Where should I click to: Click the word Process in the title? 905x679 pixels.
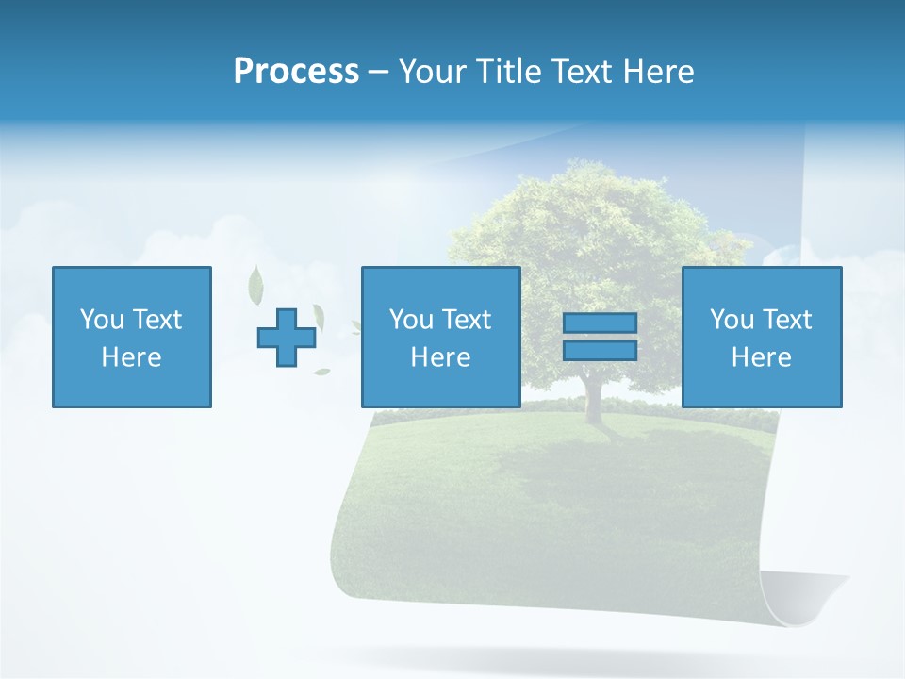296,72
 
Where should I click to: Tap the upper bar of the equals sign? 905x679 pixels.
600,323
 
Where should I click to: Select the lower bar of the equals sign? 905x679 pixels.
600,350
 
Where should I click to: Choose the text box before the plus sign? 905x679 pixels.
131,337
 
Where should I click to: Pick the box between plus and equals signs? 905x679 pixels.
440,337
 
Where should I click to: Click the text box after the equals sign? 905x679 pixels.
761,337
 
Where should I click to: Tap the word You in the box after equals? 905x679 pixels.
732,320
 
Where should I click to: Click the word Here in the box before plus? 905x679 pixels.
131,357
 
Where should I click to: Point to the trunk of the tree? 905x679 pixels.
593,396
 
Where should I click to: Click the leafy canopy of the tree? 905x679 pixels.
594,236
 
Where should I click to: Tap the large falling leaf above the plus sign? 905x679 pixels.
255,282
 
